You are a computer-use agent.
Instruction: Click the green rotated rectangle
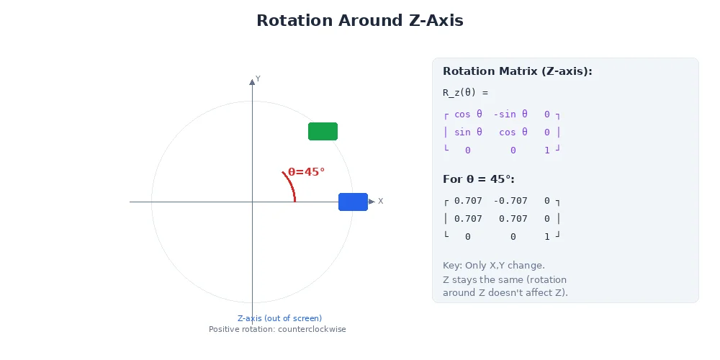(x=323, y=131)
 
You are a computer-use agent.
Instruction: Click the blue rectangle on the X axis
(x=353, y=202)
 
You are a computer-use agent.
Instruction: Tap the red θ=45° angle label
(x=306, y=172)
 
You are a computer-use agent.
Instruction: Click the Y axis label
(x=258, y=78)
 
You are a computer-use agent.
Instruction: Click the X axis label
(x=380, y=201)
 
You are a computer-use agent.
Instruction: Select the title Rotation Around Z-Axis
(x=359, y=21)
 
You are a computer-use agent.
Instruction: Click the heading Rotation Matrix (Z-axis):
(x=517, y=71)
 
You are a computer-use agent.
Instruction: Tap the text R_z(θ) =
(x=465, y=92)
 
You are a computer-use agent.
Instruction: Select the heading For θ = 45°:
(x=478, y=179)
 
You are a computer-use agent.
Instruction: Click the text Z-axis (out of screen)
(x=279, y=318)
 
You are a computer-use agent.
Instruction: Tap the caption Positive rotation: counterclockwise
(x=277, y=329)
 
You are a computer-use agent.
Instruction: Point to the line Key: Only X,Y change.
(x=493, y=266)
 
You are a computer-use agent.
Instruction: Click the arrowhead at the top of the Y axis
(x=252, y=82)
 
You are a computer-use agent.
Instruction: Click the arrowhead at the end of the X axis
(x=372, y=202)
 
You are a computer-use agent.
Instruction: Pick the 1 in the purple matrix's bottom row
(x=547, y=150)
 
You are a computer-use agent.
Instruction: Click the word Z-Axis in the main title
(x=432, y=21)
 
